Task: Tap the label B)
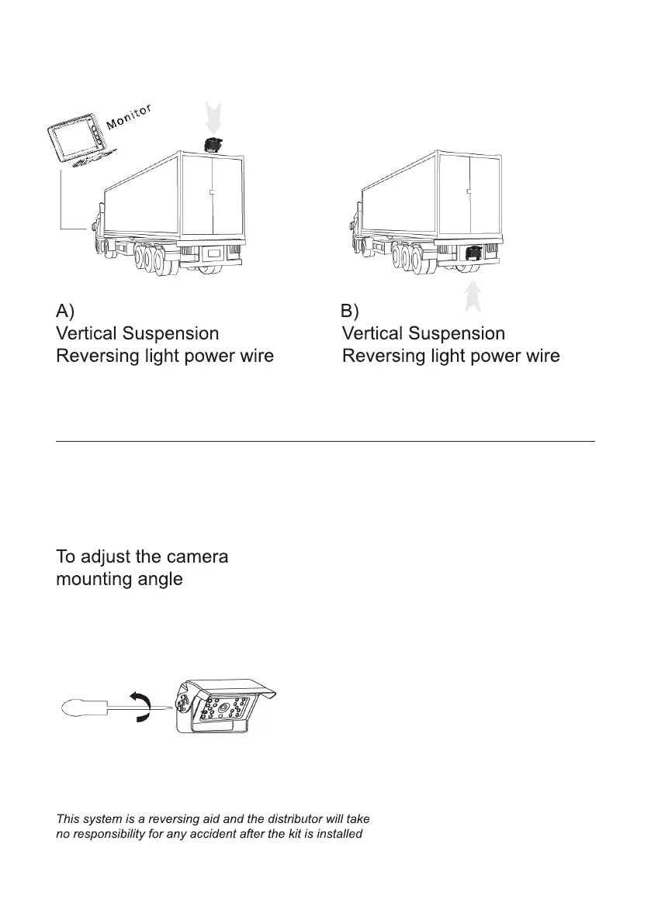tap(350, 312)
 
